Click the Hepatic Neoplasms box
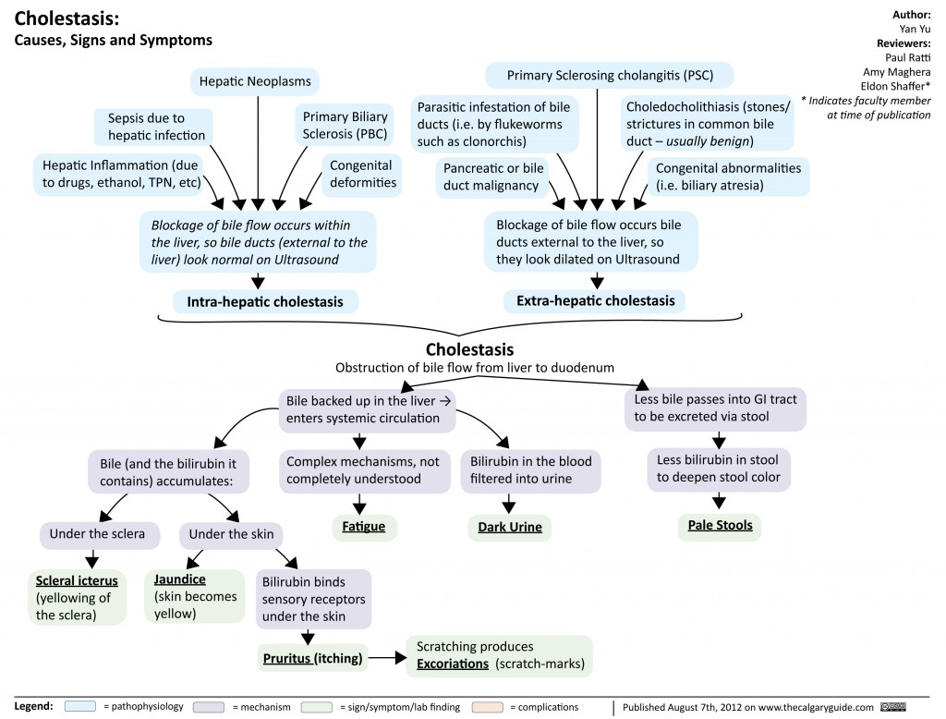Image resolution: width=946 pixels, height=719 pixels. click(x=256, y=82)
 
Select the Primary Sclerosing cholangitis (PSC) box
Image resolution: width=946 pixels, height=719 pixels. click(x=611, y=75)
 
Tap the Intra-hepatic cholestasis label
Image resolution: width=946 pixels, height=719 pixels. click(x=265, y=301)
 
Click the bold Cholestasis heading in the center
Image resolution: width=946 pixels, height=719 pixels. click(x=469, y=349)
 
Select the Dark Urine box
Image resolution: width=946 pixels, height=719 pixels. click(x=509, y=528)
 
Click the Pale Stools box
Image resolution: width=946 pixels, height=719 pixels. click(x=720, y=525)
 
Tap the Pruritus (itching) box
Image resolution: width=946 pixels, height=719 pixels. click(x=313, y=658)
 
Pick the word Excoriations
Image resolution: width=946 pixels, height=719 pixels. click(x=454, y=664)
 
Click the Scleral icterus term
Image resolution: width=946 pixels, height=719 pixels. click(x=77, y=581)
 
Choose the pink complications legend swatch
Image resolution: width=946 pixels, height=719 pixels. click(x=486, y=707)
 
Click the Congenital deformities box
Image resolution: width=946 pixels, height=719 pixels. click(x=361, y=174)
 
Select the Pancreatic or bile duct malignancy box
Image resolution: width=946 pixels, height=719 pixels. click(x=493, y=177)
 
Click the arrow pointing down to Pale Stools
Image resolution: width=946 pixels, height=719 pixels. click(x=719, y=501)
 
